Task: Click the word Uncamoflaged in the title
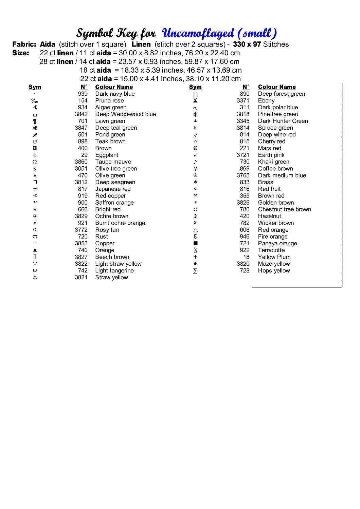(x=198, y=33)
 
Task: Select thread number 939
(x=83, y=94)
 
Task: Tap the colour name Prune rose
(x=109, y=101)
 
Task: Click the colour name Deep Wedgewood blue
(x=125, y=114)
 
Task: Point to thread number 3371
(x=243, y=101)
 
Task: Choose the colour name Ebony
(x=266, y=101)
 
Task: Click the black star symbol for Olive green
(x=35, y=175)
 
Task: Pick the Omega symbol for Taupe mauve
(x=35, y=162)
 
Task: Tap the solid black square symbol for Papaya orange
(x=195, y=243)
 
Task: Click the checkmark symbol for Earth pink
(x=195, y=155)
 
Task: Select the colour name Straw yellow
(x=111, y=278)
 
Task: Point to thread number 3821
(x=81, y=278)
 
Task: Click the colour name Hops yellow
(x=274, y=271)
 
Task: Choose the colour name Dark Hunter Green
(x=283, y=121)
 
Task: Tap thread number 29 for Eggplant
(x=84, y=155)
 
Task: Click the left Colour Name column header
(x=114, y=87)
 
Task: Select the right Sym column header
(x=195, y=87)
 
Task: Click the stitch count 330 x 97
(x=247, y=44)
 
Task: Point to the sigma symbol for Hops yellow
(x=195, y=271)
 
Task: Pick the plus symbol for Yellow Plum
(x=195, y=257)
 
